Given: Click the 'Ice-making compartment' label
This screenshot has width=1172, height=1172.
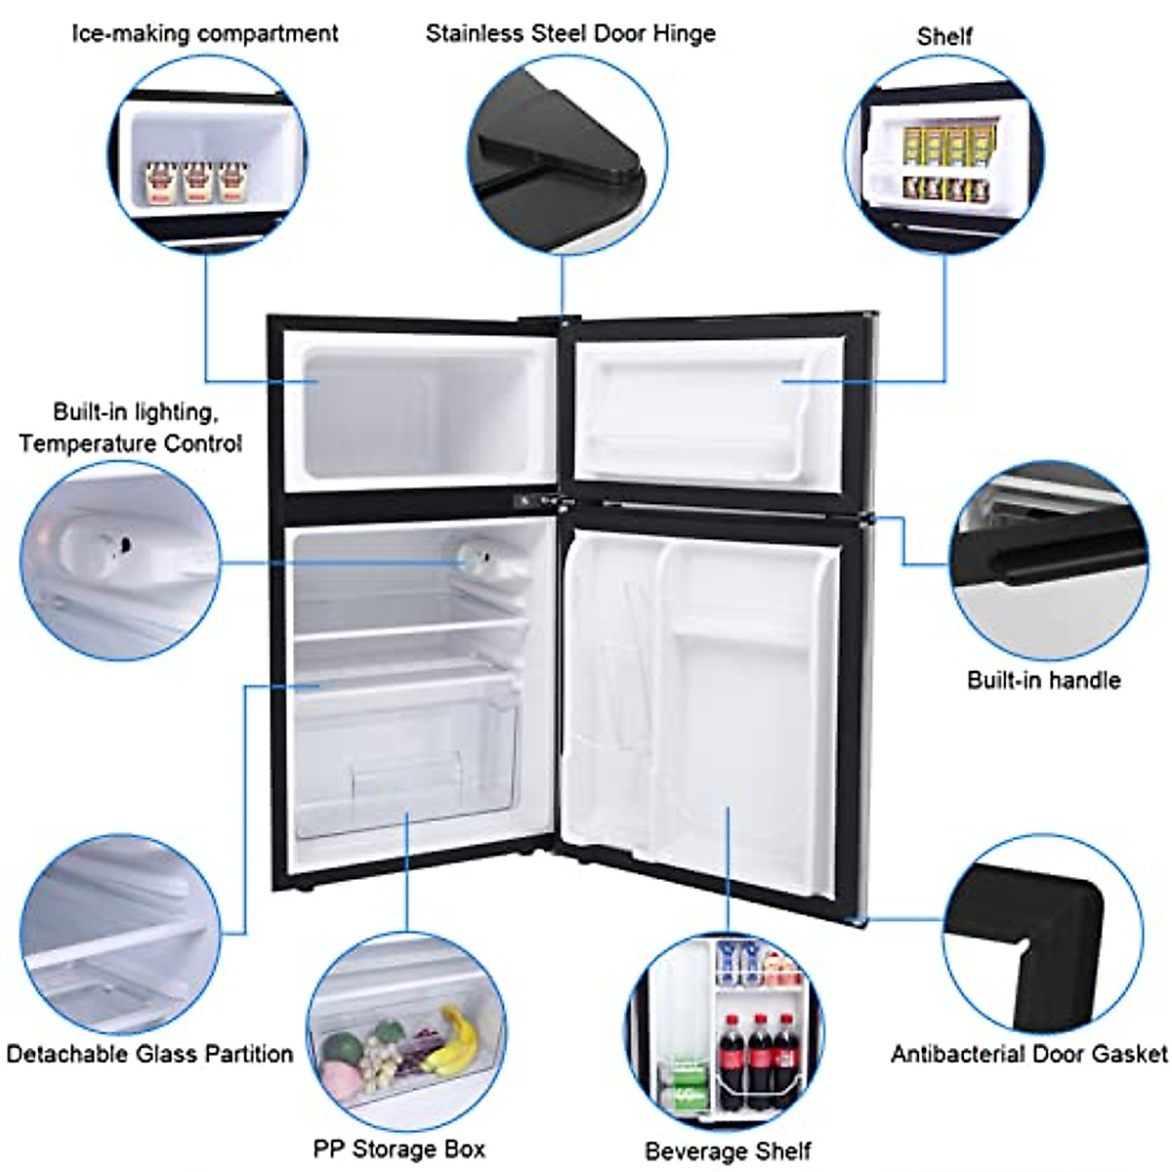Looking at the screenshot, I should click(205, 33).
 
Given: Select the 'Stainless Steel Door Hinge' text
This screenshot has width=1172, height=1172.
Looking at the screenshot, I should click(570, 33).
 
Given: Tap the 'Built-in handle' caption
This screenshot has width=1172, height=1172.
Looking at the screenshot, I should click(1043, 680).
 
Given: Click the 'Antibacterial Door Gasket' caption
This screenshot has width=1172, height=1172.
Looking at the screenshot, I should click(1028, 1054).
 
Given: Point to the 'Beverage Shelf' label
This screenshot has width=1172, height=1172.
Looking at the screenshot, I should click(728, 1151).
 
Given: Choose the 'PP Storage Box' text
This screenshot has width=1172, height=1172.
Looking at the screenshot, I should click(398, 1149).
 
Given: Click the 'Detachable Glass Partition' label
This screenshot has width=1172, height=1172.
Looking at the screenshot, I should click(149, 1054).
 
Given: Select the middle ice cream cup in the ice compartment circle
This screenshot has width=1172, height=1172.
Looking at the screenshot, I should click(197, 182).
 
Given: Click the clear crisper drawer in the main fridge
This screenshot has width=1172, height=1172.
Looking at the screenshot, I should click(405, 762).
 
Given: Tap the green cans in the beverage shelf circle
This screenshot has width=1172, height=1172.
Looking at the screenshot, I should click(689, 1084).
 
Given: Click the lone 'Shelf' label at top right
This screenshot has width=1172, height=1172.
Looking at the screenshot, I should click(943, 36).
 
